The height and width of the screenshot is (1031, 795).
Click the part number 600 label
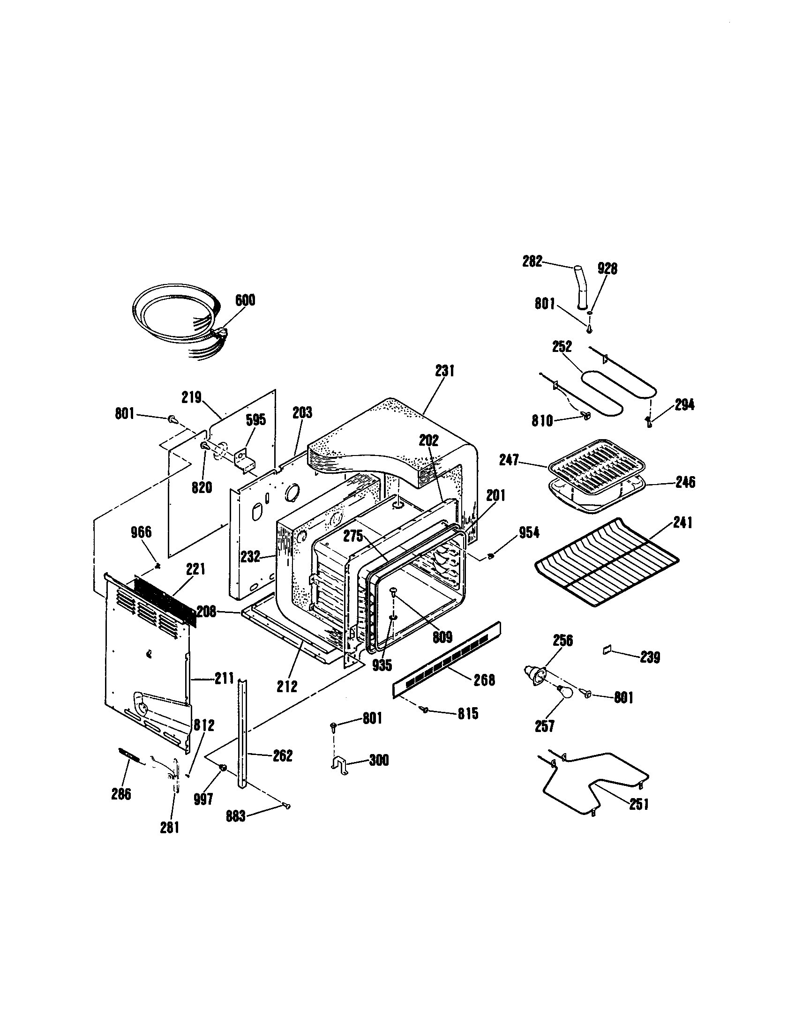[245, 300]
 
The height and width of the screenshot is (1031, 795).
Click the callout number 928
[607, 269]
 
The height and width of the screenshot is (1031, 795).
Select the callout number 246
[685, 482]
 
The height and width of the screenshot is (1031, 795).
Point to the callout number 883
[236, 816]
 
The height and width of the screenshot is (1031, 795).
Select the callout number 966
[141, 532]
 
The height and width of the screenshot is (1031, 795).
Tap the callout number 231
[445, 371]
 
